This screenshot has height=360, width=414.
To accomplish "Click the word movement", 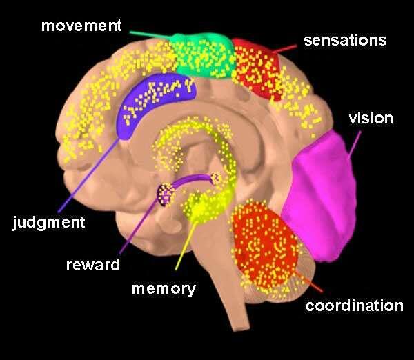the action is pyautogui.click(x=81, y=26).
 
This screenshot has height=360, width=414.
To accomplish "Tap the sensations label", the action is pyautogui.click(x=345, y=41).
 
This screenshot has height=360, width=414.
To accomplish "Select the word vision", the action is pyautogui.click(x=371, y=118).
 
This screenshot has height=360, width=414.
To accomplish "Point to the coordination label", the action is pyautogui.click(x=355, y=306).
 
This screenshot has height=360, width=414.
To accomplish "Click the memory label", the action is pyautogui.click(x=164, y=289).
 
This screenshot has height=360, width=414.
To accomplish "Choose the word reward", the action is pyautogui.click(x=93, y=265).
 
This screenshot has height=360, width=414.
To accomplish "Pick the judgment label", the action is pyautogui.click(x=49, y=223).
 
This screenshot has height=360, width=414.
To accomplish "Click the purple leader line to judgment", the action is pyautogui.click(x=88, y=175).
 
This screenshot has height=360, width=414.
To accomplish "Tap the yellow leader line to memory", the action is pyautogui.click(x=186, y=246).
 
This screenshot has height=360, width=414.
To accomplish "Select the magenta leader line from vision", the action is pyautogui.click(x=355, y=145).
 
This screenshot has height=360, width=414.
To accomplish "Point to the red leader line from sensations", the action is pyautogui.click(x=285, y=49).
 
